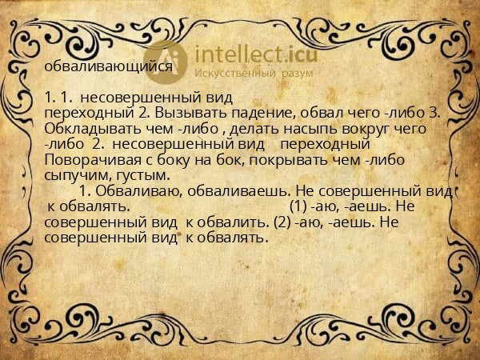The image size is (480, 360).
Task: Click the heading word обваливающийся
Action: (x=109, y=66)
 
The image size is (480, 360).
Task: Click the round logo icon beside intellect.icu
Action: (x=166, y=61)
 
